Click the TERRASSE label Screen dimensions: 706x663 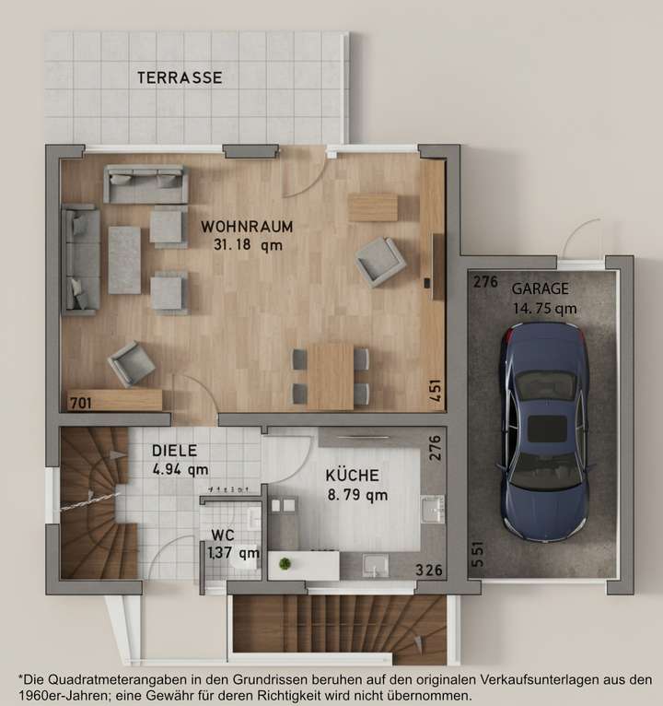(180, 78)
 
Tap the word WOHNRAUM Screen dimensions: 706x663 (247, 226)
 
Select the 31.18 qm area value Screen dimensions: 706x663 (248, 245)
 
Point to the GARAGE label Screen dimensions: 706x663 (540, 288)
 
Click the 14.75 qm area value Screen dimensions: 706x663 (544, 309)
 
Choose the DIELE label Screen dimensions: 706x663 (175, 451)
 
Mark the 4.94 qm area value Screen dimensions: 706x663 (180, 468)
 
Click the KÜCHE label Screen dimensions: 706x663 (352, 477)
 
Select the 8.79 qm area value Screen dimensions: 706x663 (356, 495)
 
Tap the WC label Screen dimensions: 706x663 (223, 535)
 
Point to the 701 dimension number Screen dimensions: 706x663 (80, 402)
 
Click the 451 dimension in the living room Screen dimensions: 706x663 (435, 390)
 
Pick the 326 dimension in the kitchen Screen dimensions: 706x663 (428, 571)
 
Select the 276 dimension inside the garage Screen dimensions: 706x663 (485, 282)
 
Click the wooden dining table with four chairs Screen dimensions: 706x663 (330, 375)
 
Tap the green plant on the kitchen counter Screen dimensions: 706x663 (285, 562)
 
